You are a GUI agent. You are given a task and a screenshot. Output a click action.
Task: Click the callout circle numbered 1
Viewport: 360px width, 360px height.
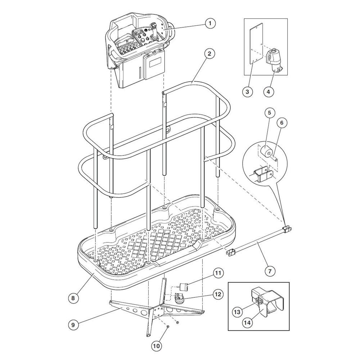210,23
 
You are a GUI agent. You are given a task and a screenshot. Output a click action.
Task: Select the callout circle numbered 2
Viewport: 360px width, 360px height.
209,54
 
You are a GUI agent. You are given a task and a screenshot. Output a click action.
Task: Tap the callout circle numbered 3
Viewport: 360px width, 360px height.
247,91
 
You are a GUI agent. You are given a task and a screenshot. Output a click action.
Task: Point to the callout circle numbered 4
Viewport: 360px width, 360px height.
269,91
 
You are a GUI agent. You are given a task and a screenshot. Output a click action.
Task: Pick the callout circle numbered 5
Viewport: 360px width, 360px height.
270,113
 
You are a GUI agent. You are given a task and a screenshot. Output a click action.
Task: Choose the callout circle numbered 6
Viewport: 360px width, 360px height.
282,123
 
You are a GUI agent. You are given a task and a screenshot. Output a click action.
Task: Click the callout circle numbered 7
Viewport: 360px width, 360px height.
270,271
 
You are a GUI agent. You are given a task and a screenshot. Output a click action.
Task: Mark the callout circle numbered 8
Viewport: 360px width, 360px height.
73,298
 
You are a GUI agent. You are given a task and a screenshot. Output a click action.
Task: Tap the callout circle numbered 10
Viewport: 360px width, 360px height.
156,346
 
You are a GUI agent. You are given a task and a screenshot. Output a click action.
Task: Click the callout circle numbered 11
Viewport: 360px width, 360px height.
218,273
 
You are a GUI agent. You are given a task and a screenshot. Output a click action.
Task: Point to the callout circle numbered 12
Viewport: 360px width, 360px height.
218,294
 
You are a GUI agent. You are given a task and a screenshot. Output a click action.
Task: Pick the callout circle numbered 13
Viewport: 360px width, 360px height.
237,312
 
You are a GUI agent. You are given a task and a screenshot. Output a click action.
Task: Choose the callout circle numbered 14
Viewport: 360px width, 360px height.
247,323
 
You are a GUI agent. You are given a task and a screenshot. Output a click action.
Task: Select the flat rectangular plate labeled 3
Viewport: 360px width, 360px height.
256,44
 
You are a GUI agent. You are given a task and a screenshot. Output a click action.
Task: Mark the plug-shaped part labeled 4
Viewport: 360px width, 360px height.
274,60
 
